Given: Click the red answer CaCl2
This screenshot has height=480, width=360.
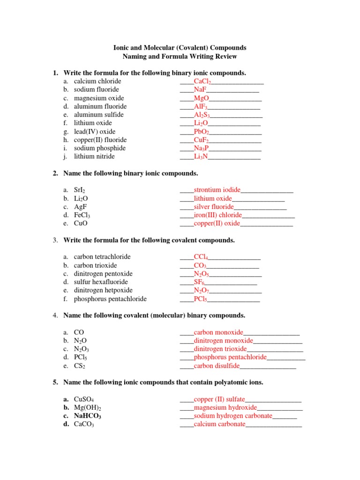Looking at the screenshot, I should tap(202, 82).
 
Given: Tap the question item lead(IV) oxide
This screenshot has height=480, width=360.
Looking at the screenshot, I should tap(95, 132).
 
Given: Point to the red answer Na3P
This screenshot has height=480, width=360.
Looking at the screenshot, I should tap(201, 148).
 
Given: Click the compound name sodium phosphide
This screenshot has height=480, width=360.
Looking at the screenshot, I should tap(100, 148).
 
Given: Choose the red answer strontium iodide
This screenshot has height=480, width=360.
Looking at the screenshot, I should tap(217, 190).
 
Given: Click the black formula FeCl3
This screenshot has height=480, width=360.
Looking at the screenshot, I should tap(82, 215).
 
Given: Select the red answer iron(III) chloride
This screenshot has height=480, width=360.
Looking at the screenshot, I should tap(218, 215).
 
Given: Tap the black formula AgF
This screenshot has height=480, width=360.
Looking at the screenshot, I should tap(81, 207).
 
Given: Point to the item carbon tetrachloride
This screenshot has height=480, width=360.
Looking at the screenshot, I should tap(102, 257).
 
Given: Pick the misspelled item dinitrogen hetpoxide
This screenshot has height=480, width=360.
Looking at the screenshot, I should tap(103, 291).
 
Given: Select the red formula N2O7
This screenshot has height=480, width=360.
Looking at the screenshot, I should tap(202, 291).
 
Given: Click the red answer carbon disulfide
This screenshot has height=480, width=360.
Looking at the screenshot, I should tap(217, 366).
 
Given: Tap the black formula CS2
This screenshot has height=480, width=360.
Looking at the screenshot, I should tap(80, 366).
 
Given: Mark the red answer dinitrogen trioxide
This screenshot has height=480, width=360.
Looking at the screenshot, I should tap(220, 349).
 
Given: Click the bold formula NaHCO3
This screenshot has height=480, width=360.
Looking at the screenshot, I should tap(88, 416).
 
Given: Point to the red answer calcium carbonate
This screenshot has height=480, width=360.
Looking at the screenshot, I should tap(219, 424).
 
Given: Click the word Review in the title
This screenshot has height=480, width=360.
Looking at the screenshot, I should tap(226, 57).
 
